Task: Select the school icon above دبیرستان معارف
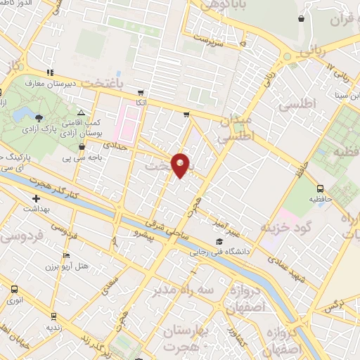point(49,73)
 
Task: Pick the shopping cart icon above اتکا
point(141,92)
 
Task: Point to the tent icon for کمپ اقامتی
point(82,112)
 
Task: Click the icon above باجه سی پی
point(83,147)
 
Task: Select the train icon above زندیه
point(53,316)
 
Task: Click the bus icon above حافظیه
point(320,188)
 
